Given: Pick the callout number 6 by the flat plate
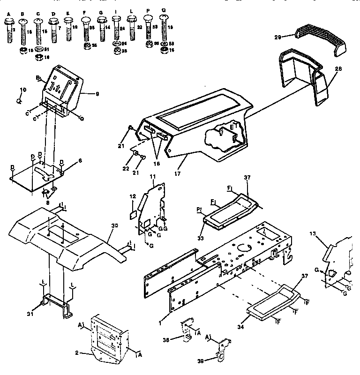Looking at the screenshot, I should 80,160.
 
